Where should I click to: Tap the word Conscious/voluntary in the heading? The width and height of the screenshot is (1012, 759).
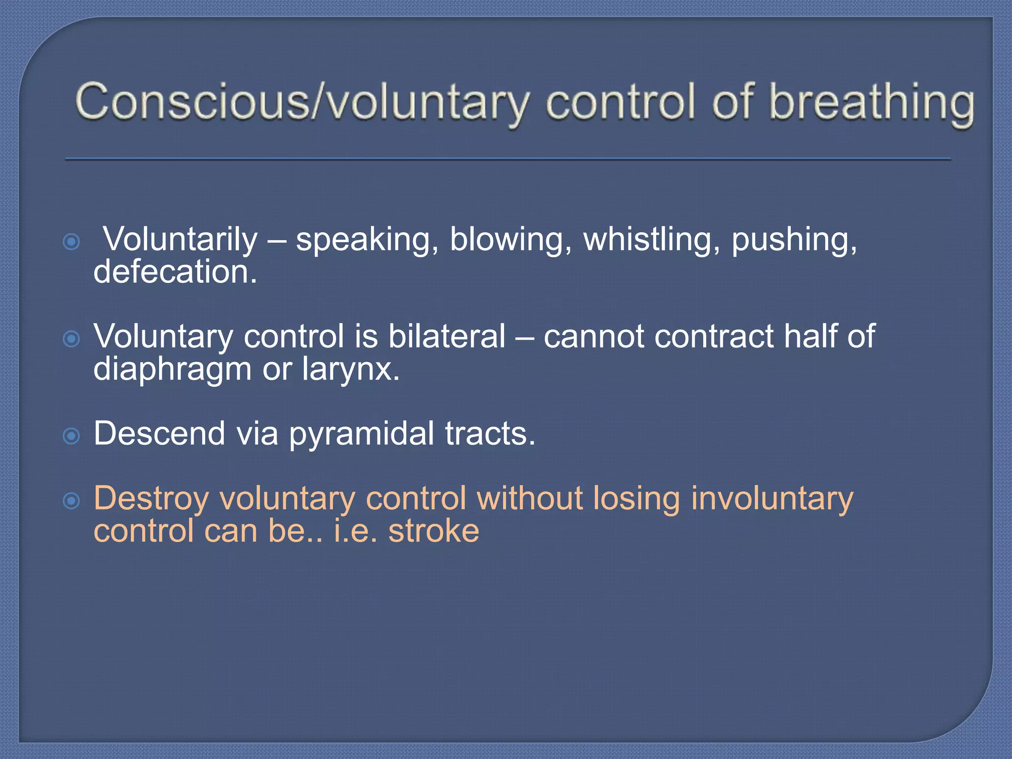[301, 103]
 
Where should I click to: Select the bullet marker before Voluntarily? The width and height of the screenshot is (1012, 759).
[72, 242]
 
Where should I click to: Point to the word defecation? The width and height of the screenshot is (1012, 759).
[175, 272]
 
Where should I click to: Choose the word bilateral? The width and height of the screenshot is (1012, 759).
[447, 337]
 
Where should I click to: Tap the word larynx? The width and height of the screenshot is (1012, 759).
[350, 370]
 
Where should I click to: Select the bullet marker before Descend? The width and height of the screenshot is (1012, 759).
[72, 436]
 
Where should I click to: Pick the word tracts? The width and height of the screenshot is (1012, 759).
[490, 434]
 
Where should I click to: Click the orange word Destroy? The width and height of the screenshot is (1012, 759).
[151, 499]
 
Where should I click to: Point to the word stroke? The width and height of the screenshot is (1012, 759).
[433, 531]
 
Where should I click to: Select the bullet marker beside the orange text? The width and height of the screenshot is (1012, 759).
[72, 501]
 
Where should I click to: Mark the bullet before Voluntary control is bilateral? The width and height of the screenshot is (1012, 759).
[72, 339]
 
